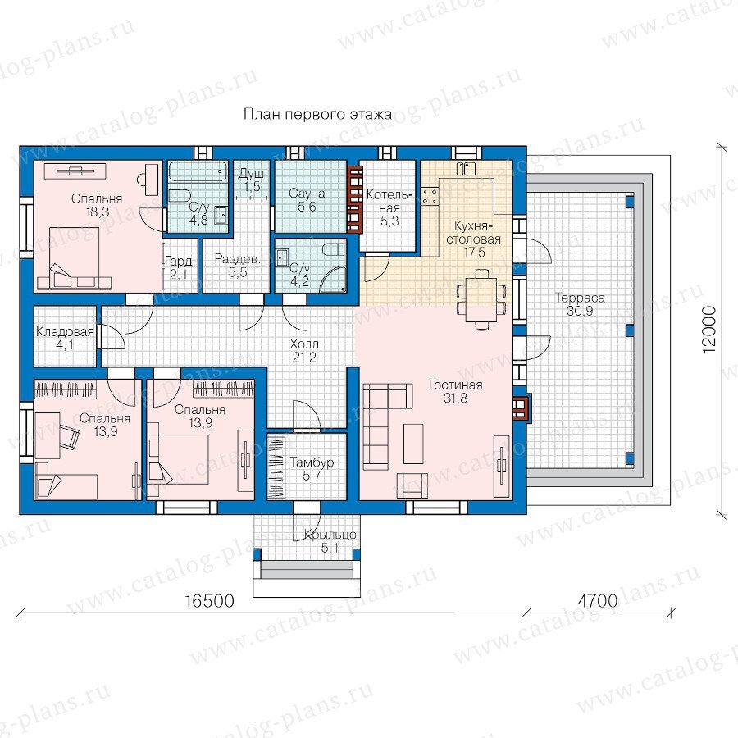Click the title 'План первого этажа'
(317, 114)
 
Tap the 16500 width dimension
(209, 601)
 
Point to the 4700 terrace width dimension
(597, 601)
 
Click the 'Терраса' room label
(580, 298)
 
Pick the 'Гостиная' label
(456, 385)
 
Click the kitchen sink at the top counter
(467, 168)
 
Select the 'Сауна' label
(307, 194)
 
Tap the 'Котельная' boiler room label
(389, 201)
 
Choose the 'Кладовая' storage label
(65, 332)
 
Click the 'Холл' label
(304, 344)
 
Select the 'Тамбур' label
(312, 462)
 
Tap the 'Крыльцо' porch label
(330, 535)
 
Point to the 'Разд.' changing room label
(237, 259)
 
